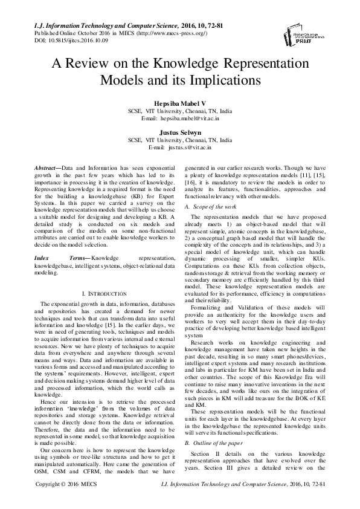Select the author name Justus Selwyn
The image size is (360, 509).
point(179,131)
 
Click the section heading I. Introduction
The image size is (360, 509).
point(103,293)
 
